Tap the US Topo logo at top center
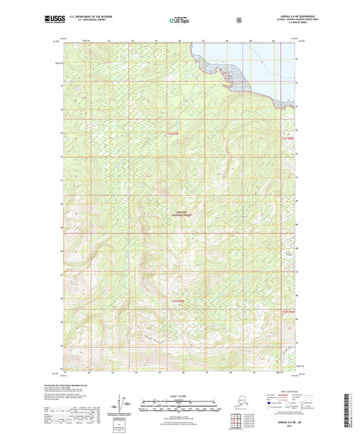click(179, 21)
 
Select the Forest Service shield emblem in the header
click(238, 20)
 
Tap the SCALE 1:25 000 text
click(180, 395)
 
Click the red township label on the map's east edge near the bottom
click(288, 311)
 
